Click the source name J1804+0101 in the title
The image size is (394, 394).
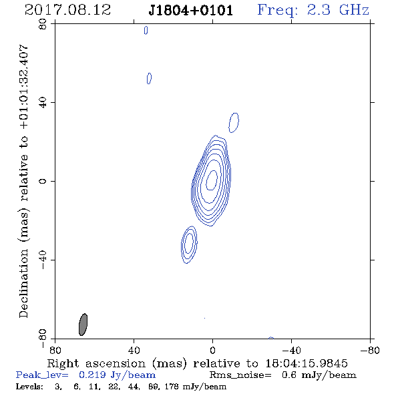191,11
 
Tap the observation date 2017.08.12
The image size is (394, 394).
67,10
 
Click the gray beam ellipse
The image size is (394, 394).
83,325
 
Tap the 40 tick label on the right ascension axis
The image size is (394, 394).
134,351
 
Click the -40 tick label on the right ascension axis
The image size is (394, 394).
290,351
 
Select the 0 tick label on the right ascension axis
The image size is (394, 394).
212,351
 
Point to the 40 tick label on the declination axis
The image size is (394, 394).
43,103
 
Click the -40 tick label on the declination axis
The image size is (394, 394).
43,260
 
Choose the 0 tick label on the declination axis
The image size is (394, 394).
43,181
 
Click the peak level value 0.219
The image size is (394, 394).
92,375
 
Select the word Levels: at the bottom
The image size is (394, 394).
29,387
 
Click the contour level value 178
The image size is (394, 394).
172,387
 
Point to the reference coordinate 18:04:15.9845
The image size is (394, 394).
307,363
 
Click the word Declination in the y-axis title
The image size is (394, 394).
23,283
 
